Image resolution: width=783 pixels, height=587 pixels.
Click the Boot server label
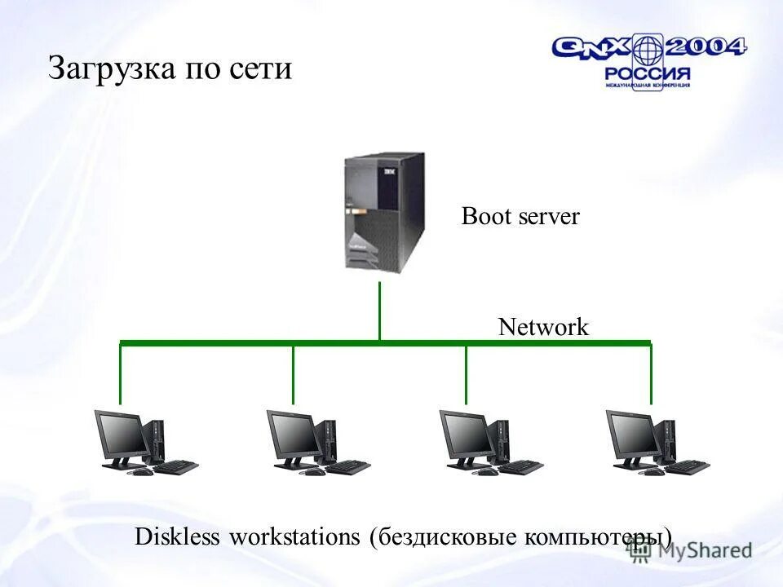pos(520,216)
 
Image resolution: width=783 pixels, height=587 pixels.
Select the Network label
pos(543,327)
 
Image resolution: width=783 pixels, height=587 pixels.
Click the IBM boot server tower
pos(384,213)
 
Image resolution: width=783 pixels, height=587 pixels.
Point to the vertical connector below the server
pos(379,310)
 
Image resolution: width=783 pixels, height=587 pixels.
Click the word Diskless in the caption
pos(178,537)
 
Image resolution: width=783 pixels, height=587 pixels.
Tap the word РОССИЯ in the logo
pos(648,73)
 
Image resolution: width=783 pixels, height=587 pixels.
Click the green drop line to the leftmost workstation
pos(121,375)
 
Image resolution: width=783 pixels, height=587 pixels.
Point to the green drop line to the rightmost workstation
pos(651,375)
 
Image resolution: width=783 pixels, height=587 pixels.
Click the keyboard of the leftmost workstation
pos(175,468)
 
